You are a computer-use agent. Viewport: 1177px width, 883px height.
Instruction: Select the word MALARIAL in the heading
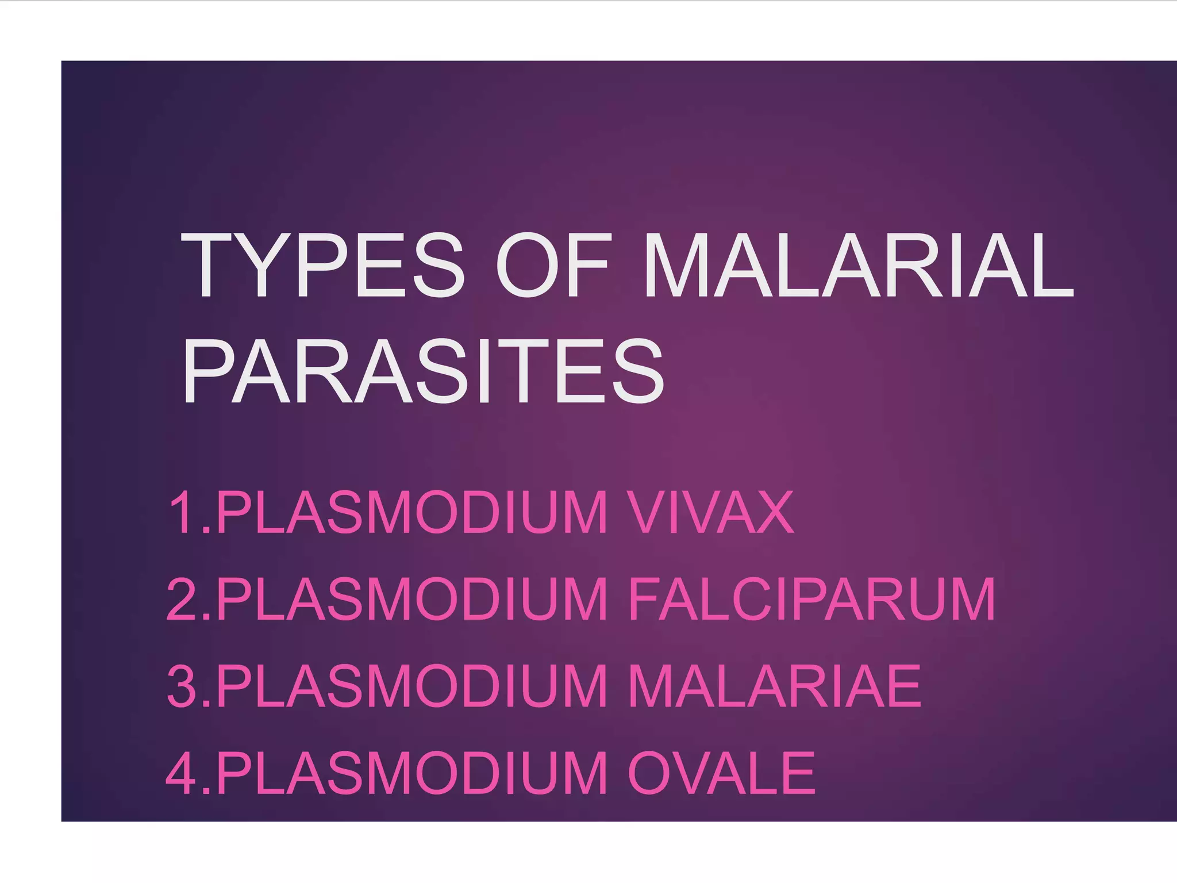(857, 266)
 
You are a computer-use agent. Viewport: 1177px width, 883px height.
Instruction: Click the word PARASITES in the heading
(423, 372)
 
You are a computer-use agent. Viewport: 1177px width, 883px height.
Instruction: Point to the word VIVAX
(710, 512)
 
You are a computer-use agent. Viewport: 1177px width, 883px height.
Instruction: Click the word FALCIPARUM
(811, 600)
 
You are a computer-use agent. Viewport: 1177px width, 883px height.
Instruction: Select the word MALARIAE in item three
(774, 686)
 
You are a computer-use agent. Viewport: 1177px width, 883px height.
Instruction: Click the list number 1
(185, 512)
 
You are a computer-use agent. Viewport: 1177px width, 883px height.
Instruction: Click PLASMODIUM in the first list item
(411, 512)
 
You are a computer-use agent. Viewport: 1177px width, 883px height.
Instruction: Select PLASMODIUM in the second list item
(411, 600)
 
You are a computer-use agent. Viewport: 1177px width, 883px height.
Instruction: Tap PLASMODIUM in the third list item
(411, 686)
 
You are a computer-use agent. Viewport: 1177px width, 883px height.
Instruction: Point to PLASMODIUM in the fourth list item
(411, 773)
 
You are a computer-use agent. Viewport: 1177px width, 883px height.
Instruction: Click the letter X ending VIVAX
(774, 512)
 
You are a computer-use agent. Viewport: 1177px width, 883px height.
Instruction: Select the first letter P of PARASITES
(208, 372)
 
